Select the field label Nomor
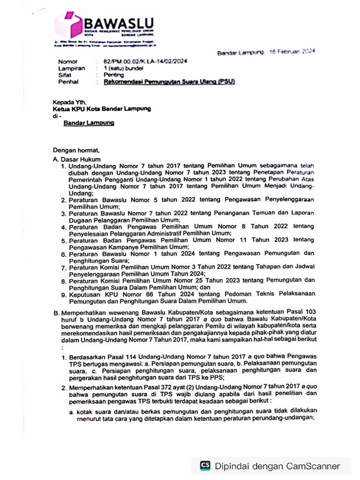[67, 62]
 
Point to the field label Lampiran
[70, 68]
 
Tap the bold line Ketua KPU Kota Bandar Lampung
[102, 109]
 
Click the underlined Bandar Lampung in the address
[89, 123]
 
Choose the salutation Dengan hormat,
[76, 151]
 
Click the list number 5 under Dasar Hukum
[64, 240]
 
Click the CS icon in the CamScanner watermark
[205, 465]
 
